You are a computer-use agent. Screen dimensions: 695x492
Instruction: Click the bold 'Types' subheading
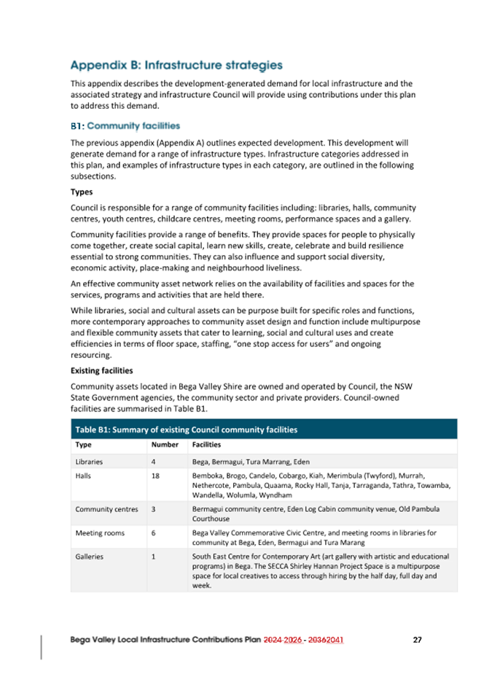pyautogui.click(x=82, y=193)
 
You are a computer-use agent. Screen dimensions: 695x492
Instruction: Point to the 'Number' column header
pyautogui.click(x=164, y=444)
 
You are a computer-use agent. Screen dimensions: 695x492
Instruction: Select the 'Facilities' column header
pyautogui.click(x=207, y=444)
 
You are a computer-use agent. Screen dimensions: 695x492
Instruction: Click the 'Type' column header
pyautogui.click(x=84, y=444)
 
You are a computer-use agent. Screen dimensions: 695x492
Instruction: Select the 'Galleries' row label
pyautogui.click(x=89, y=556)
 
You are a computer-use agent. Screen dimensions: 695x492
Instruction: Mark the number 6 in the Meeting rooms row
pyautogui.click(x=153, y=532)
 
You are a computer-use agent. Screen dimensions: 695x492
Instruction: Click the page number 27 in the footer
pyautogui.click(x=417, y=640)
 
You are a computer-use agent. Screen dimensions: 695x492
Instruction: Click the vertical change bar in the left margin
pyautogui.click(x=42, y=647)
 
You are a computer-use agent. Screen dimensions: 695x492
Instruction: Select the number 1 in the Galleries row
pyautogui.click(x=153, y=556)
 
